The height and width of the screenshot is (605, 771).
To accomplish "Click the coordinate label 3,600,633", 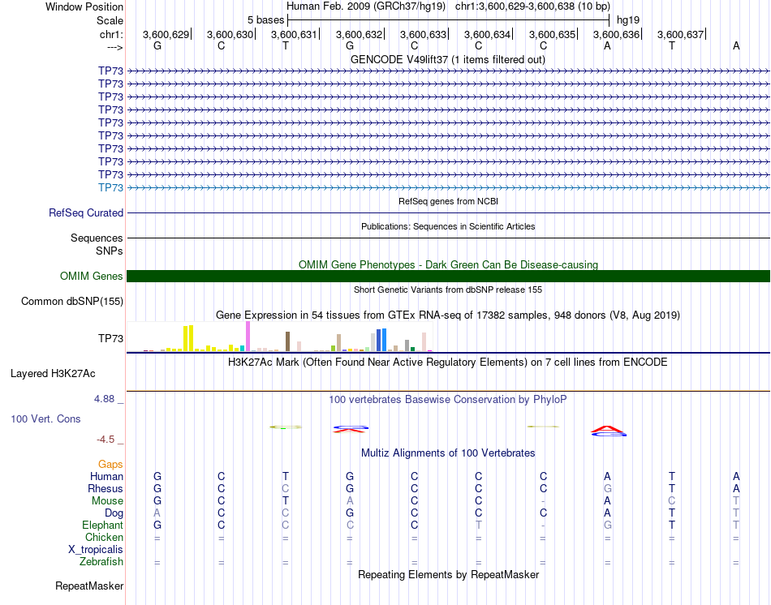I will tap(423, 34).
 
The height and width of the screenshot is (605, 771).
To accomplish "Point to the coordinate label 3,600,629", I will tap(166, 34).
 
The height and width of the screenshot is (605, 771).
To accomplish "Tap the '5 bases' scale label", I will tap(262, 19).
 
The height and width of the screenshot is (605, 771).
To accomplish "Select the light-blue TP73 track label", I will tap(110, 187).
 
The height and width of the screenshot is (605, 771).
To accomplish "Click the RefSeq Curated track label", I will tap(86, 212).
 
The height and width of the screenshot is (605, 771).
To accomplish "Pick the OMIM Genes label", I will tap(92, 276).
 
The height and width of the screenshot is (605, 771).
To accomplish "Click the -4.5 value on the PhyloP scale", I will tap(109, 440).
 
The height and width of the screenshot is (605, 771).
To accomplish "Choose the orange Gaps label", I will tap(111, 464).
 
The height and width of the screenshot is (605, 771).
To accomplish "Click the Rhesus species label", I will tap(106, 489).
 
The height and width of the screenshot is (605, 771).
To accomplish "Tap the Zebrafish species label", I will tap(101, 561).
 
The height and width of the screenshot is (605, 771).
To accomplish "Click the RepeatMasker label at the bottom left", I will tap(89, 585).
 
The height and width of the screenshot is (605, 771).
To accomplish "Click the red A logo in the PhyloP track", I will tap(608, 429).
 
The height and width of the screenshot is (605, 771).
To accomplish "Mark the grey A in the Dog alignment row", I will tap(157, 513).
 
